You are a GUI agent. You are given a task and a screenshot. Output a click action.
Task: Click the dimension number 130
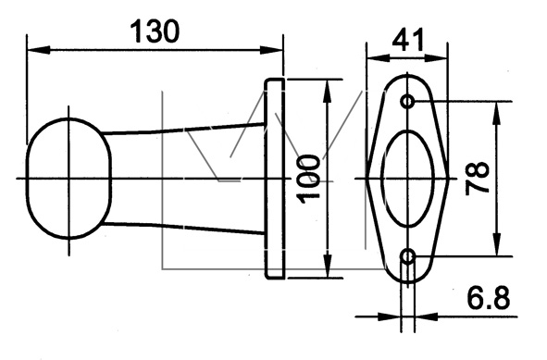pos(155,31)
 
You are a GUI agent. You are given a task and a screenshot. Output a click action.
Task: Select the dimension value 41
pos(407,39)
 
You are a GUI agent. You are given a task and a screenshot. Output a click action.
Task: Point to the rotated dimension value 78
pos(478,178)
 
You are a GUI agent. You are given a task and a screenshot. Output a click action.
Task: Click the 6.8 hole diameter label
pos(489,298)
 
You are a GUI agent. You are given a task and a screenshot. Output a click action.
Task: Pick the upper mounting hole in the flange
pos(408,102)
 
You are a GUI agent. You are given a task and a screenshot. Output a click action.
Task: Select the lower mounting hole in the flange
pos(408,256)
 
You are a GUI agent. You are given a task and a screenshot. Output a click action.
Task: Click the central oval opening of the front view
pos(408,179)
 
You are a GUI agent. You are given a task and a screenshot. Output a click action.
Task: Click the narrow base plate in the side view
pos(274,179)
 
